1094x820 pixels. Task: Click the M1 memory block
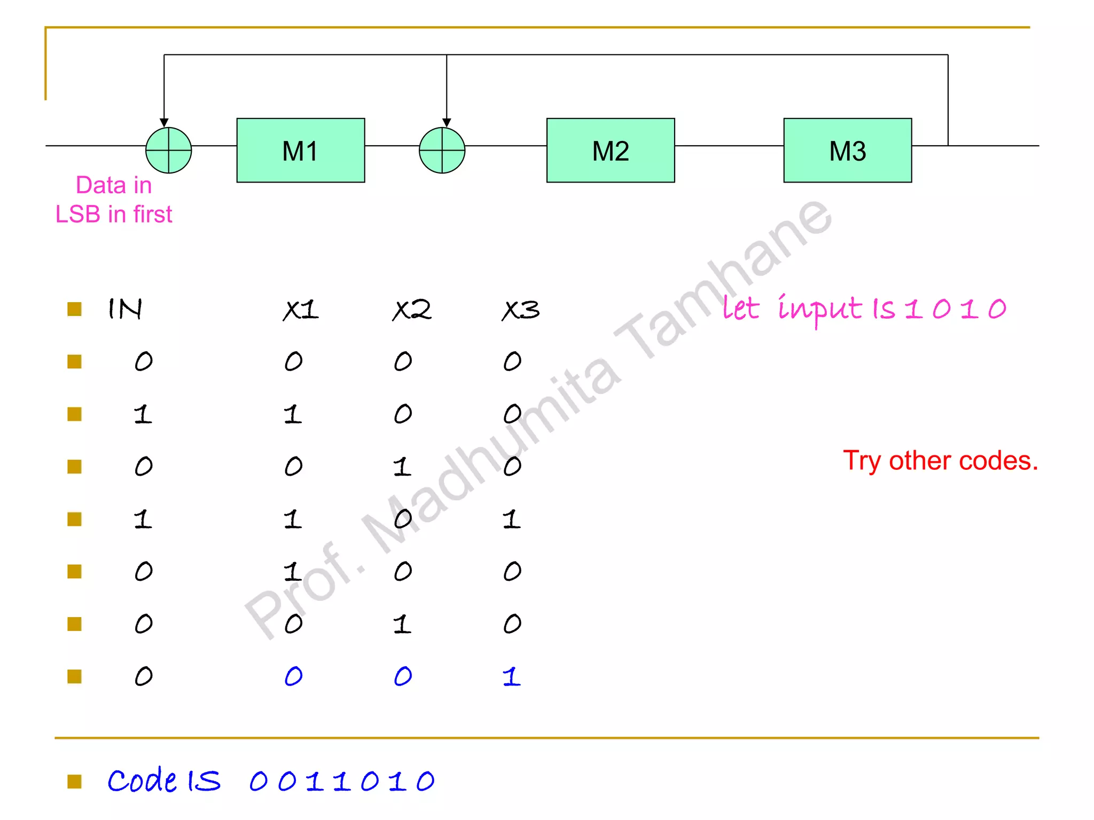coord(301,151)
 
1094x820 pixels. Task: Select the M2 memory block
coord(611,151)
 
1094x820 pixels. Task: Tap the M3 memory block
coord(848,151)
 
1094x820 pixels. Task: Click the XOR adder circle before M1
coord(169,151)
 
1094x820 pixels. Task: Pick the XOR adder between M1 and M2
coord(442,151)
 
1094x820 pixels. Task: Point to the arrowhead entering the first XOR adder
coord(164,123)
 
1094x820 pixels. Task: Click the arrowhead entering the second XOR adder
coord(447,123)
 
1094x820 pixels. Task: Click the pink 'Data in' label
coord(114,185)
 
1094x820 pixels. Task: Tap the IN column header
coord(125,309)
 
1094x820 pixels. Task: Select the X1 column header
coord(301,310)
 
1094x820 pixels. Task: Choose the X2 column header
coord(411,310)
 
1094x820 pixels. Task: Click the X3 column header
coord(521,310)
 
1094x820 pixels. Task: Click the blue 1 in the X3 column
coord(511,676)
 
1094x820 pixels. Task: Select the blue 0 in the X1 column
coord(294,676)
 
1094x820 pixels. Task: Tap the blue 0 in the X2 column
coord(403,676)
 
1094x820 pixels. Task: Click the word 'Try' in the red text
coord(861,461)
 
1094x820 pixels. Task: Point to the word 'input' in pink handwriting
coord(819,310)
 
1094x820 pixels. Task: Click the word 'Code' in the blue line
coord(142,780)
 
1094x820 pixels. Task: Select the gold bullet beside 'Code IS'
coord(74,782)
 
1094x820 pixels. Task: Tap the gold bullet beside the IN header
coord(74,309)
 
